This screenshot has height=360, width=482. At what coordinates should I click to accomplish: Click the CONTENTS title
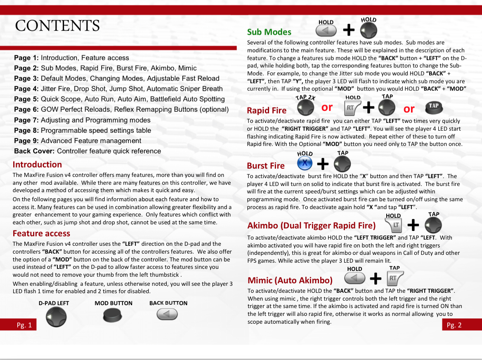point(57,26)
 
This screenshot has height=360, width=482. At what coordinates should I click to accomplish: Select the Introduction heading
point(37,165)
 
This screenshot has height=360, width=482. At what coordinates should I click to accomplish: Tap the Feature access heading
point(41,234)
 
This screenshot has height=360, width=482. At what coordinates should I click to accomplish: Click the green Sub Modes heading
point(269,32)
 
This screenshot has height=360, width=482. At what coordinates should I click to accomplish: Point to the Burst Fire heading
point(266,166)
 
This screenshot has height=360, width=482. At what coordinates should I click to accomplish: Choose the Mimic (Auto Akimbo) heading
point(290,280)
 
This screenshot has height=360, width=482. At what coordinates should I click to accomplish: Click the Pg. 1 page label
point(24,325)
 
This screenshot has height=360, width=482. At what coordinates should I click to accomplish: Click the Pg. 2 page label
point(454,325)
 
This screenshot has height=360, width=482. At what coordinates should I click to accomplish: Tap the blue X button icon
point(305,164)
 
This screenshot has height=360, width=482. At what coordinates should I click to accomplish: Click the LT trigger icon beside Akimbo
point(394,225)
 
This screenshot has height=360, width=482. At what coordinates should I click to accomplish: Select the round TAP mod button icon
point(434,107)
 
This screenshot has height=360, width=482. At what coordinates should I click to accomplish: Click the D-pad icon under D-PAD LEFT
point(56,318)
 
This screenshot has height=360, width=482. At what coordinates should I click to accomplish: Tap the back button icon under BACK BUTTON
point(167,315)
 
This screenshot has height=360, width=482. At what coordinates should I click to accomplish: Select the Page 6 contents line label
point(26,109)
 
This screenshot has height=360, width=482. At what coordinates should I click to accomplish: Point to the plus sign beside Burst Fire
point(323,164)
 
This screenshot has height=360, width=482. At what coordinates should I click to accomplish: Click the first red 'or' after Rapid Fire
point(327,108)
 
